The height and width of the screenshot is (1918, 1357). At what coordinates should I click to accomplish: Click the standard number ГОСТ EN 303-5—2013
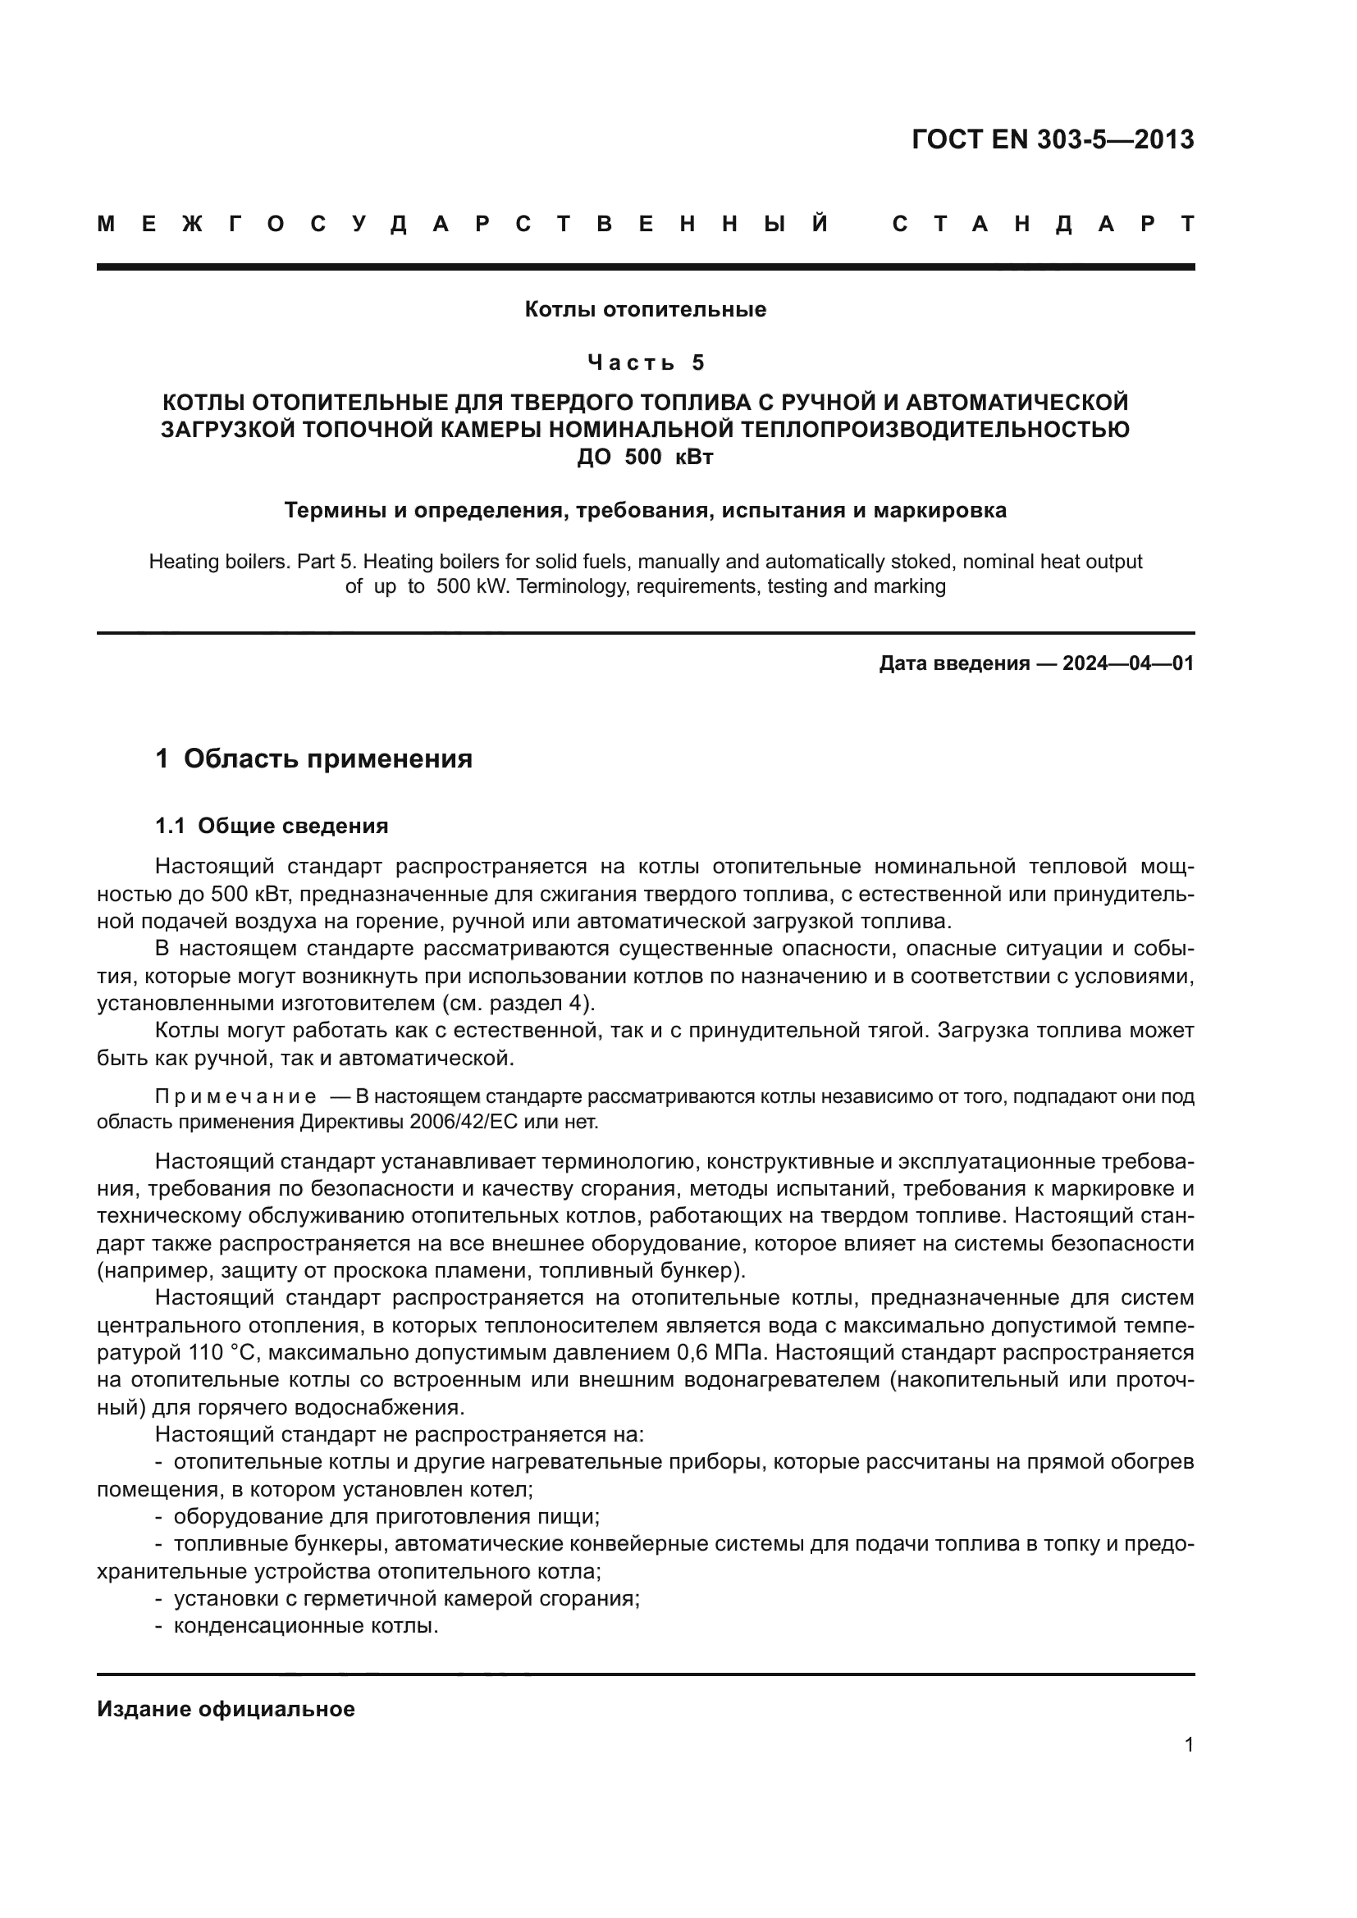[1052, 139]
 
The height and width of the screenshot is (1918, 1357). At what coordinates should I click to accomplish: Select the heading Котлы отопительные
[645, 310]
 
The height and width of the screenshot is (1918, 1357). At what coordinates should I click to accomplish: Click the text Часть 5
[645, 362]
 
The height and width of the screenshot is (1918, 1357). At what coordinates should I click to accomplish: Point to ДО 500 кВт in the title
[645, 457]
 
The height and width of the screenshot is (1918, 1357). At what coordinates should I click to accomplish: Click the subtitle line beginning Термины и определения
[645, 510]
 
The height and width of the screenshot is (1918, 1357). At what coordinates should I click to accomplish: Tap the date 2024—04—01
[1128, 663]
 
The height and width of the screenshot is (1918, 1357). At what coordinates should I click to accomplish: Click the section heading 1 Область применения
[313, 759]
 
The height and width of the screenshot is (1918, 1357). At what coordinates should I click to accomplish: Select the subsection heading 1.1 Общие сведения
[272, 827]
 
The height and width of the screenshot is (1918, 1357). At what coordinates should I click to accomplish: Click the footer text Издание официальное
[226, 1709]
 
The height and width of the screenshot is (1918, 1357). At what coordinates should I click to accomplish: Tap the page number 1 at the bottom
[1188, 1744]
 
